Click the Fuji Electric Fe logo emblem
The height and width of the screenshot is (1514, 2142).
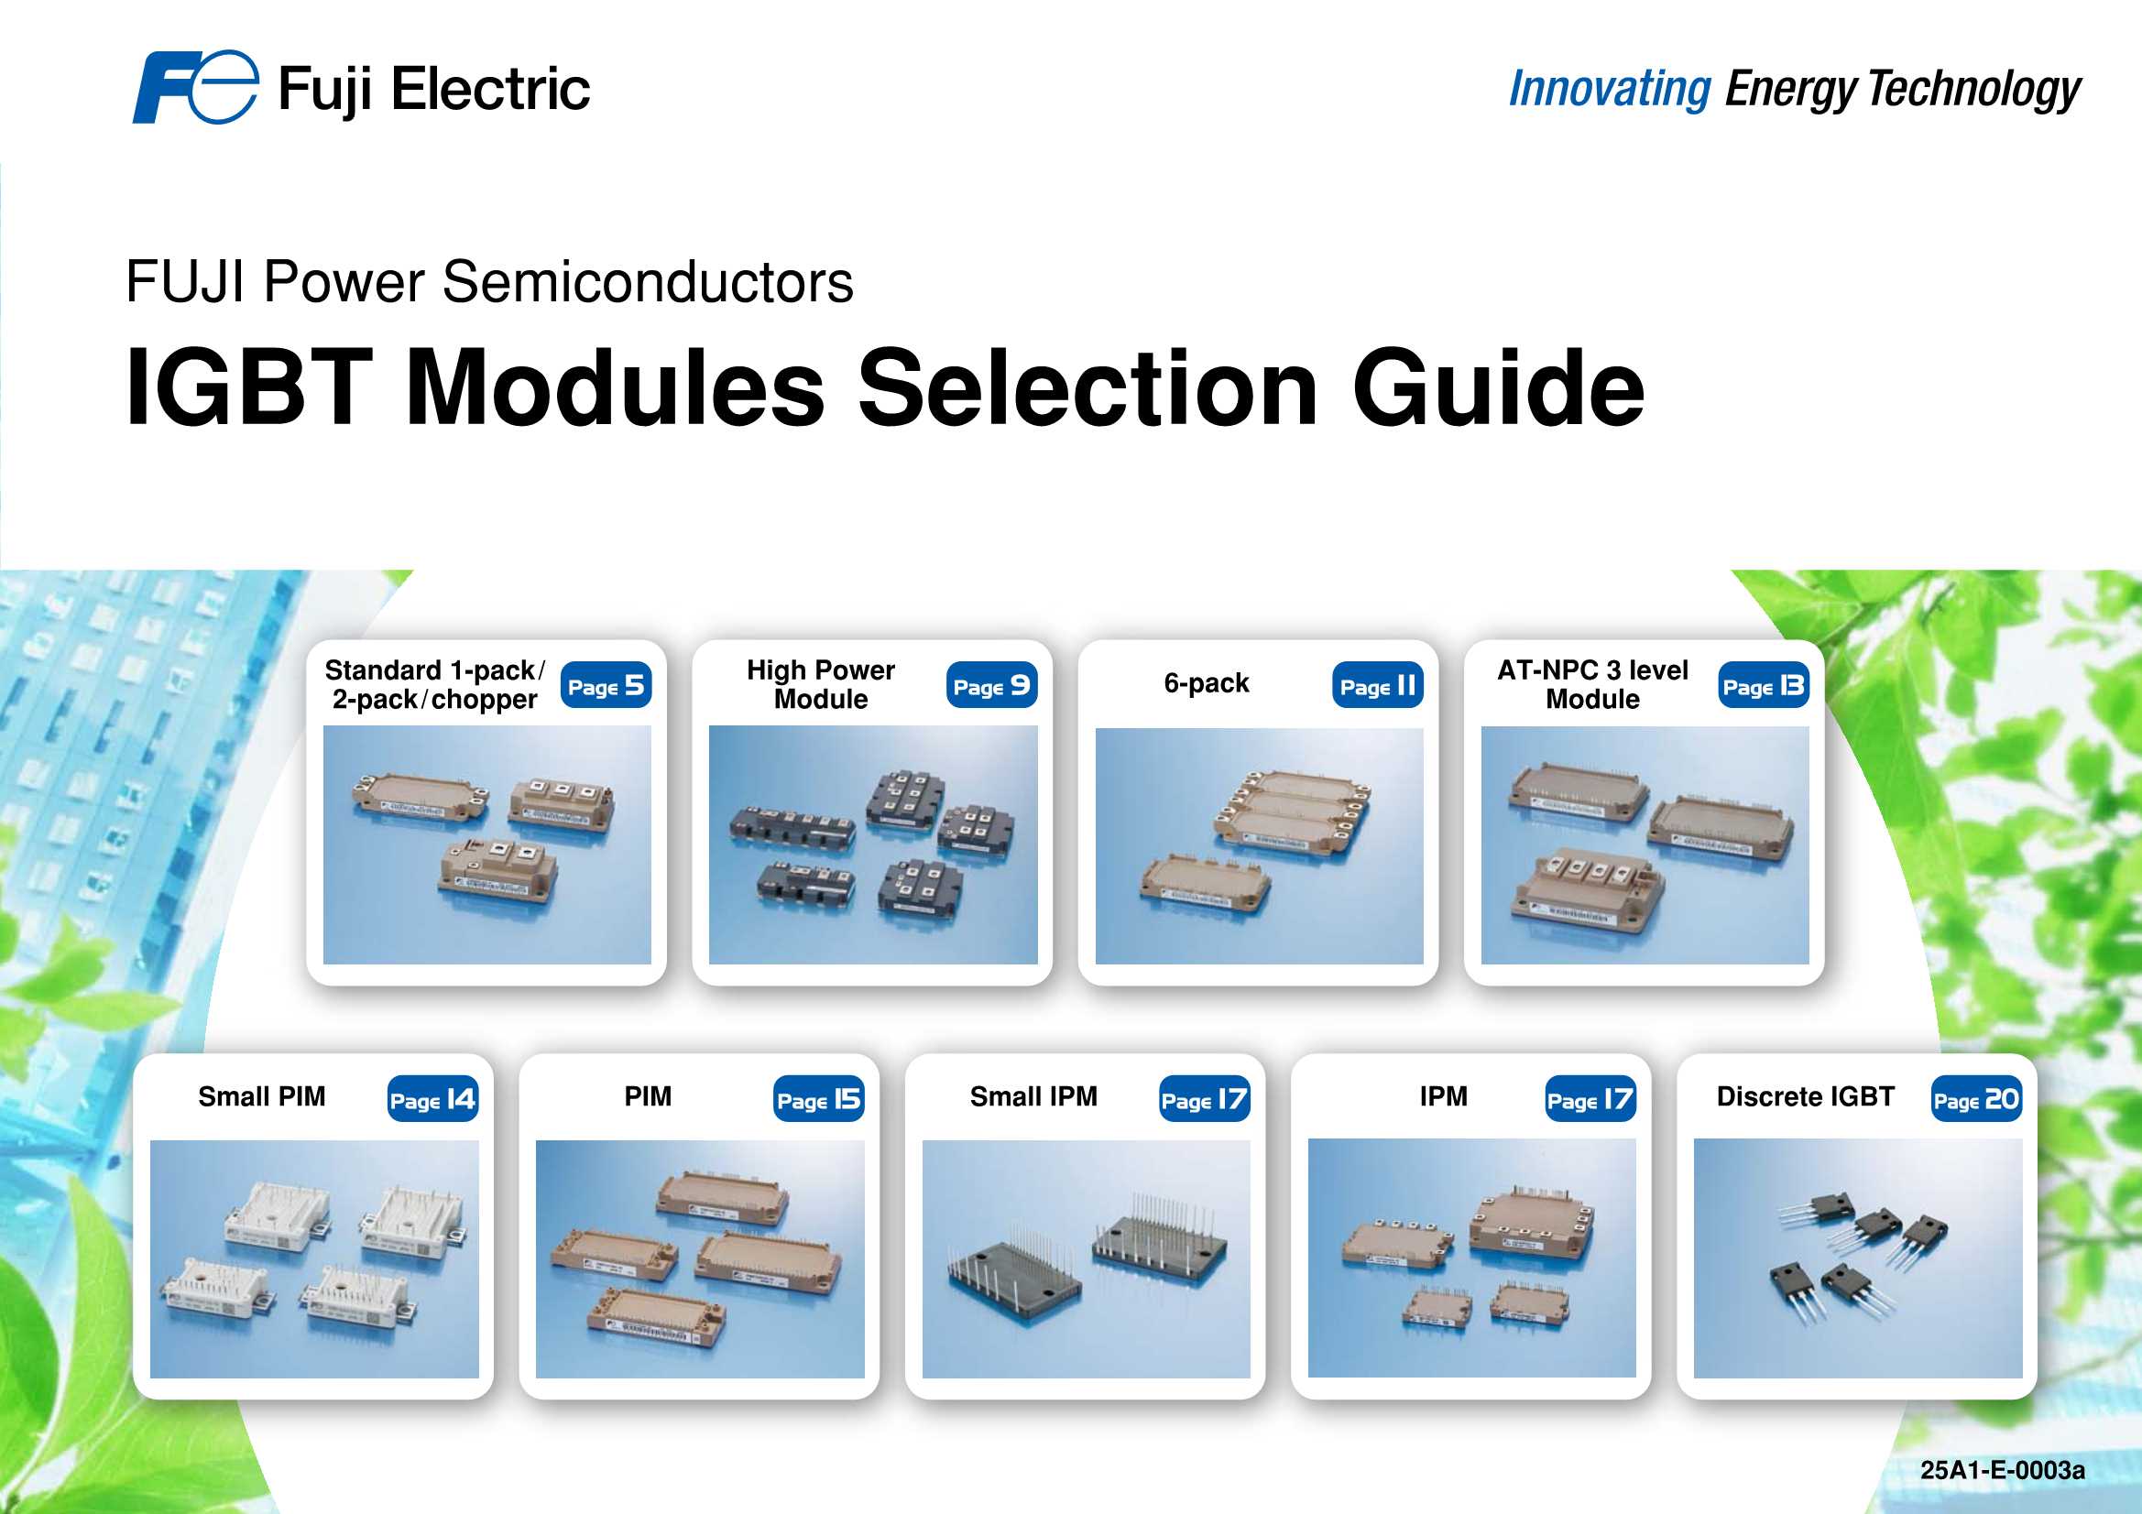click(194, 87)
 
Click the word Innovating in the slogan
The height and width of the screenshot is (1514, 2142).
click(1610, 90)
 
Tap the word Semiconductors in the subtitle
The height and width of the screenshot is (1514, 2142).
click(648, 282)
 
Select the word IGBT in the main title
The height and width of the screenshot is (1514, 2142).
click(249, 387)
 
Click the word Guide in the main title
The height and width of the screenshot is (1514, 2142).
click(1498, 387)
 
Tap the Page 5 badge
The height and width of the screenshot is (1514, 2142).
click(606, 686)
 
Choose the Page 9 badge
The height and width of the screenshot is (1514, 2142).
click(991, 686)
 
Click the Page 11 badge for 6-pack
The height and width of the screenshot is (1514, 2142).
click(1378, 686)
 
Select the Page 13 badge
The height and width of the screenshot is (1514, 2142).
click(1764, 686)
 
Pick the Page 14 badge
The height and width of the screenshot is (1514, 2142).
click(432, 1099)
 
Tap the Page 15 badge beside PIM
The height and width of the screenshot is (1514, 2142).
click(818, 1099)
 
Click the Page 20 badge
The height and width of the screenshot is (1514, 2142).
click(1976, 1099)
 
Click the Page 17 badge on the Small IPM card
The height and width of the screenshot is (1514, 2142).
click(1205, 1099)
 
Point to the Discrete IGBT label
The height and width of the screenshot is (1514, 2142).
click(1805, 1096)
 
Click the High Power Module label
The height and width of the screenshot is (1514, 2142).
click(821, 684)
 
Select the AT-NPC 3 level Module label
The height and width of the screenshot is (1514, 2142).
click(1592, 684)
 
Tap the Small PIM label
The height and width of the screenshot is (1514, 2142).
click(261, 1096)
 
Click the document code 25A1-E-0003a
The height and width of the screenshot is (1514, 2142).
click(2002, 1470)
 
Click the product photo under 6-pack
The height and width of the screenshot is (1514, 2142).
click(1259, 845)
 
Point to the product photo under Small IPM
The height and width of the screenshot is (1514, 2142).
click(1086, 1258)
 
